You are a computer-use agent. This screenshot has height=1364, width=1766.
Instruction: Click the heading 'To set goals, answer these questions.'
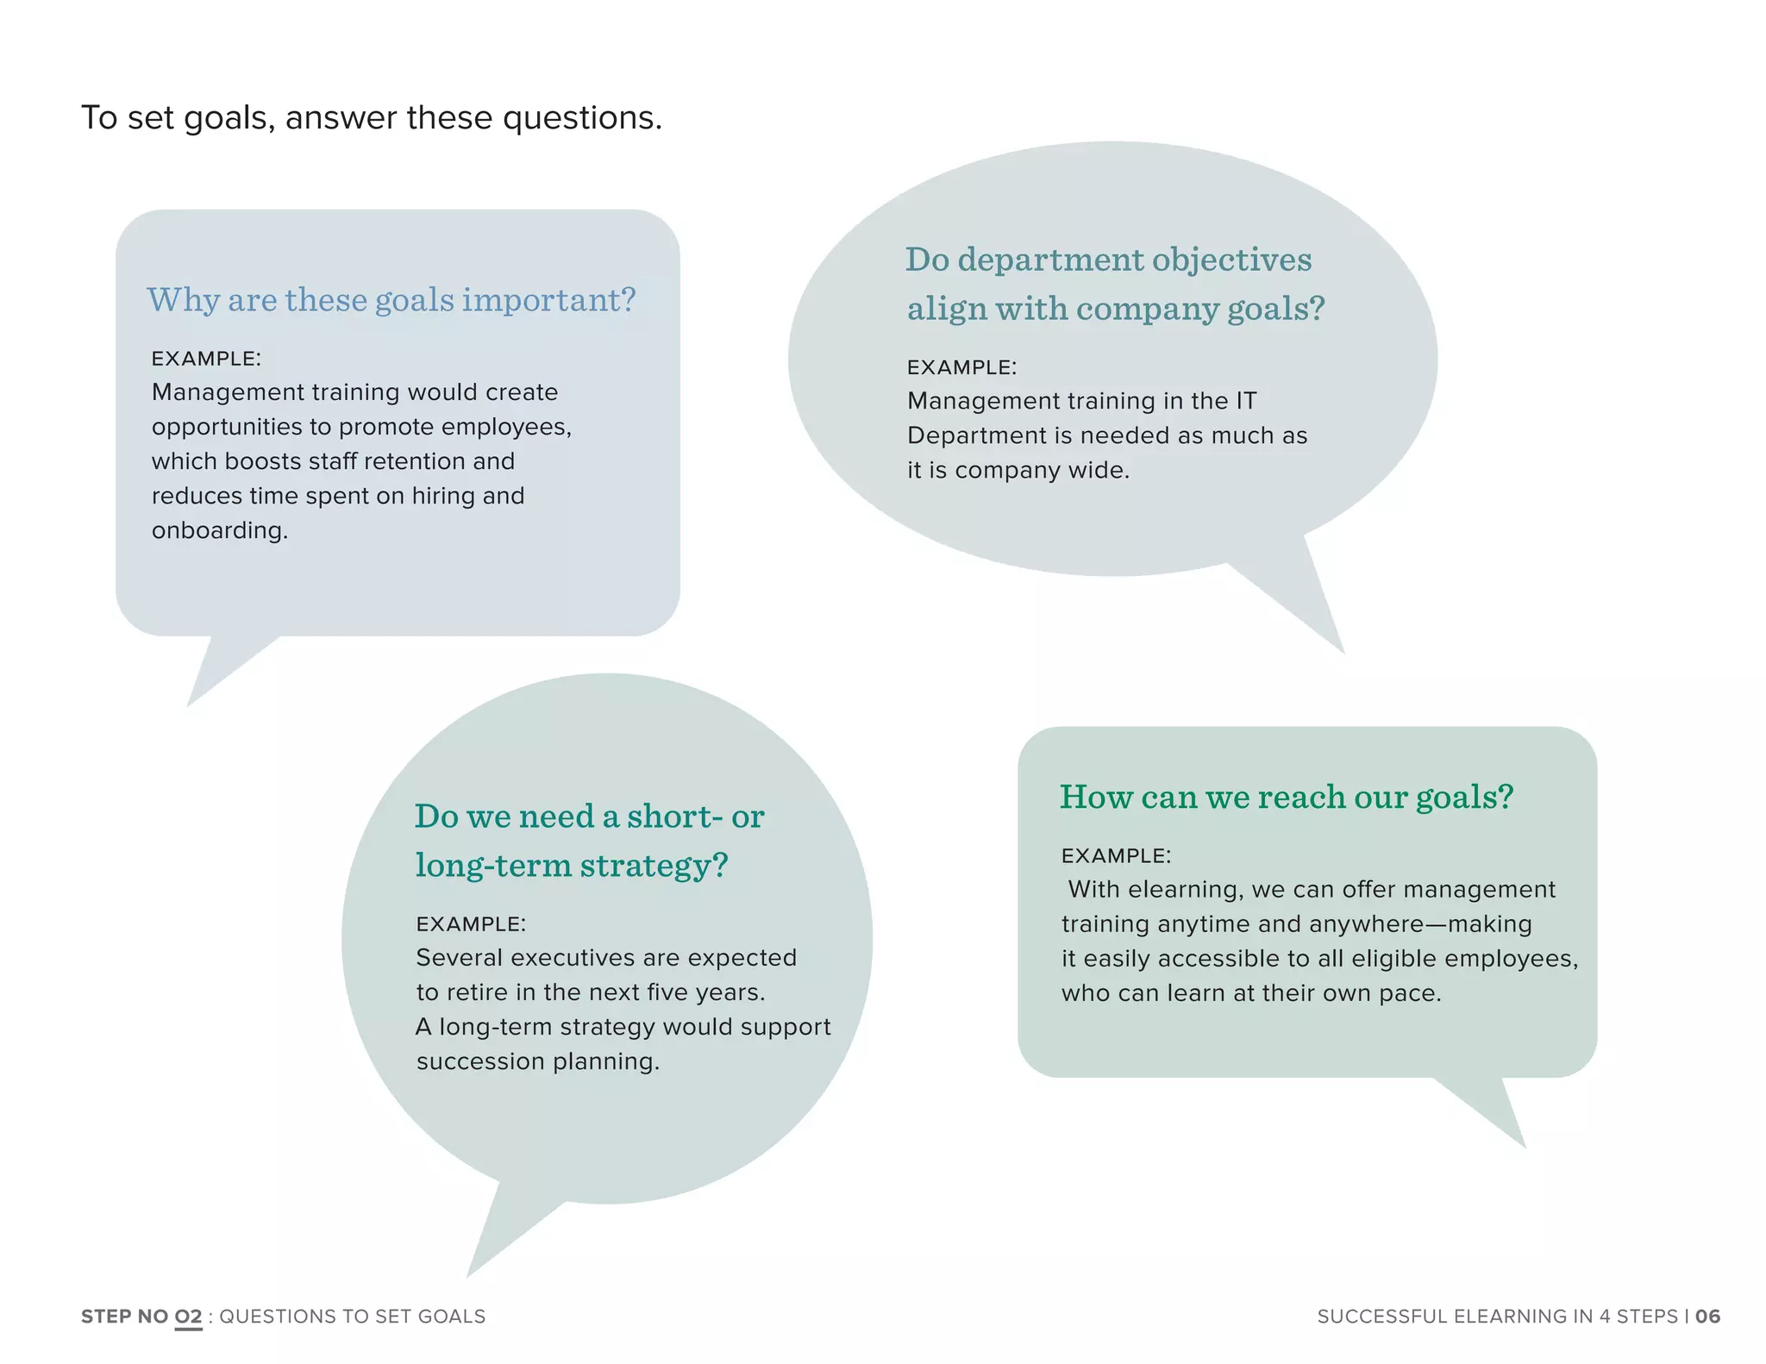point(372,118)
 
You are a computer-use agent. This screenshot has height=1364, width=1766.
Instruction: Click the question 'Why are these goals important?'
point(391,300)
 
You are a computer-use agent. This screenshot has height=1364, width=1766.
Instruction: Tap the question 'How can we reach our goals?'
point(1286,797)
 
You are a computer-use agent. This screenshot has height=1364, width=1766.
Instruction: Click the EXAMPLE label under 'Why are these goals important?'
point(206,359)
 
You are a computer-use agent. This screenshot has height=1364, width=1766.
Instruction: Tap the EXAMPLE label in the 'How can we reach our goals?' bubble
point(1116,856)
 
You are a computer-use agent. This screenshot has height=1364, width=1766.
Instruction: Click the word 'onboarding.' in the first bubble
point(220,530)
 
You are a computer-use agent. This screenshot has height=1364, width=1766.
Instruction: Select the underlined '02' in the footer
point(188,1317)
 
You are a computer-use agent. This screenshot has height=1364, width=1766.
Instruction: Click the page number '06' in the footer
point(1707,1317)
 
